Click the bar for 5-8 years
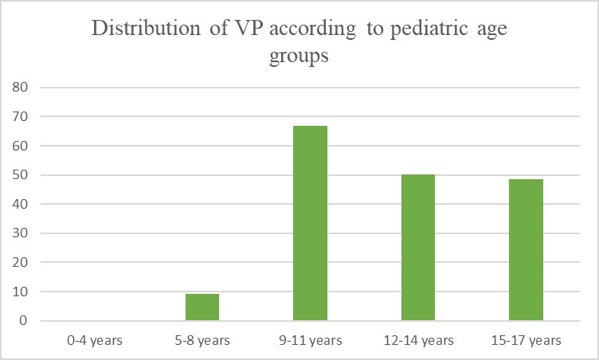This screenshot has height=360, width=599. [x=202, y=307]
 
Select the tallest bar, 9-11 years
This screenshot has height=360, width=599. [x=310, y=223]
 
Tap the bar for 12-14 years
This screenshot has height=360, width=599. [x=417, y=248]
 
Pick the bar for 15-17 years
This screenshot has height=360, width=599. [x=526, y=250]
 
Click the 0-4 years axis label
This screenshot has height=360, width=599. [x=94, y=341]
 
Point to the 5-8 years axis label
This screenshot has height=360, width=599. [x=202, y=341]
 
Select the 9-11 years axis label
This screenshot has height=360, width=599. [x=310, y=341]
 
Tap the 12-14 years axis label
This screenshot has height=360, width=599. [x=417, y=341]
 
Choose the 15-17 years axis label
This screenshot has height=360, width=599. [x=526, y=341]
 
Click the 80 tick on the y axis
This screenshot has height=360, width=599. [x=21, y=88]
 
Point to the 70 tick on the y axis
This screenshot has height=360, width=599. [x=21, y=117]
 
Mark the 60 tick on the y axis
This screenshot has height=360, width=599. [x=21, y=147]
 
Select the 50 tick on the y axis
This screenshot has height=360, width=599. [x=21, y=175]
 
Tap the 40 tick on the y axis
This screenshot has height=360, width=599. [x=21, y=205]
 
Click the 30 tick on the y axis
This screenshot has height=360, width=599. [x=21, y=234]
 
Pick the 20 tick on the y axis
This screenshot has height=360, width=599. [x=21, y=263]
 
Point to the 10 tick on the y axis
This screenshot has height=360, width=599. [x=21, y=292]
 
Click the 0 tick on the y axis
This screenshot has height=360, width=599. [x=24, y=322]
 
